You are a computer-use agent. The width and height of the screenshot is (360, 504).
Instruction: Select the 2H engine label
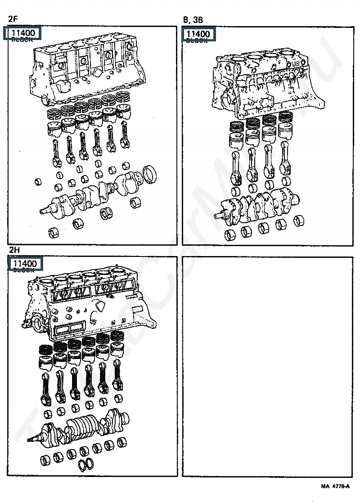14,250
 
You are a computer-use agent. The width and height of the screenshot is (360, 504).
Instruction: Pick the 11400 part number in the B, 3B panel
198,34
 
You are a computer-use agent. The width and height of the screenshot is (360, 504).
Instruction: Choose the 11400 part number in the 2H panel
25,263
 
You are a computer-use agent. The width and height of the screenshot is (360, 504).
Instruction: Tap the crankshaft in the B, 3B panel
261,207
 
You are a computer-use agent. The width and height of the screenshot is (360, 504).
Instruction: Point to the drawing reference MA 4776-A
335,486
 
